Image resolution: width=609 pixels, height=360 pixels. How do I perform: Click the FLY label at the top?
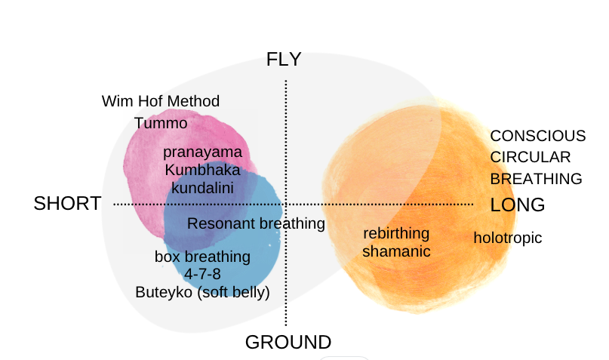point(284,60)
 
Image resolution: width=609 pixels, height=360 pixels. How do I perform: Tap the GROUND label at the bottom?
point(288,342)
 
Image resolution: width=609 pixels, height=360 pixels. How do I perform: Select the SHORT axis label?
point(67,204)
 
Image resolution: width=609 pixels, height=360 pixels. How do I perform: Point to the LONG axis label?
point(518,205)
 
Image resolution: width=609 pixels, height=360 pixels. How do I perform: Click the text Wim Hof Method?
point(161,101)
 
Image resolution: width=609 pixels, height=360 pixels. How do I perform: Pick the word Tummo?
point(161,123)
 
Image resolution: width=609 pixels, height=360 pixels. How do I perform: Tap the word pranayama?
point(202,152)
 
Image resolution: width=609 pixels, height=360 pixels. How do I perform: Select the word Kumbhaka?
point(202,169)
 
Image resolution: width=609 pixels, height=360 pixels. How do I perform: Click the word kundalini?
point(201,187)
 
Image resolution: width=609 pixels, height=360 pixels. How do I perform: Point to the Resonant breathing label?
point(256,223)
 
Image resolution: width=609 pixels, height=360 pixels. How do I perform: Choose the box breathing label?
point(202,257)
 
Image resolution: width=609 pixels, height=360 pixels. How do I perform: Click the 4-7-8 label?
point(202,274)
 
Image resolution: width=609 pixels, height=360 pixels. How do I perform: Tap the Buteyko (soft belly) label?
point(202,291)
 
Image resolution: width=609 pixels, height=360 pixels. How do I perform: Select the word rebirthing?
point(396,233)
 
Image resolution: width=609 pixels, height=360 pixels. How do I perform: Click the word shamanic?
point(396,251)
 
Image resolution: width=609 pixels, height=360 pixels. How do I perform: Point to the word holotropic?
point(508,238)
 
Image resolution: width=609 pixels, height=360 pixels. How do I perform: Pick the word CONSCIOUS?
point(538,136)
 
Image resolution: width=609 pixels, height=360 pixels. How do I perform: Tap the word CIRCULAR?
point(531,157)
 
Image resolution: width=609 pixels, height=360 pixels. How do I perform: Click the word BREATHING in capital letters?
point(537,179)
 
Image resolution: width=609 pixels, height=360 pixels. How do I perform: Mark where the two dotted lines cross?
point(285,204)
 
